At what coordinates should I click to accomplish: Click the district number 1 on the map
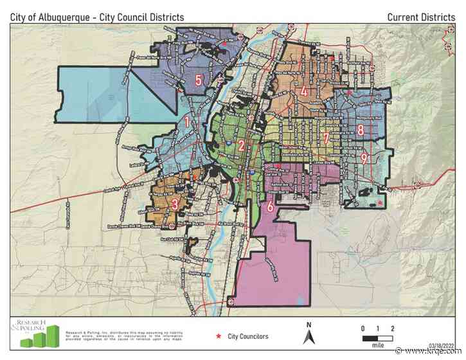click(187, 120)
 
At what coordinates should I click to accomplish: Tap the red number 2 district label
click(240, 145)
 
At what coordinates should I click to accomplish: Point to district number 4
click(303, 91)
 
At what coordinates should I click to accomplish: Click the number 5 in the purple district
click(199, 80)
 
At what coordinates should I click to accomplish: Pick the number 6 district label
click(270, 206)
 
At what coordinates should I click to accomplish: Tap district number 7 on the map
click(327, 137)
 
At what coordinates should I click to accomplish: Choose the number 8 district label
click(361, 130)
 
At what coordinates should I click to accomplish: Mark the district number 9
click(364, 157)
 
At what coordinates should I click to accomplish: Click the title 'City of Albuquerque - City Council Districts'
click(97, 17)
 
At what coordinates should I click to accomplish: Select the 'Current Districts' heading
click(421, 17)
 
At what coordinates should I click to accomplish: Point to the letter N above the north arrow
click(309, 325)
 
